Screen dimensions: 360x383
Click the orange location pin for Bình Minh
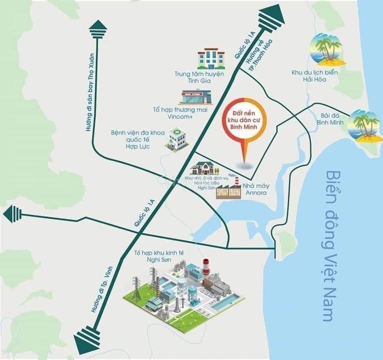(x=244, y=124)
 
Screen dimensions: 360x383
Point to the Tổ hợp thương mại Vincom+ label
(x=180, y=112)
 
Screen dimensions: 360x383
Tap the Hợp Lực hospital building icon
(x=175, y=138)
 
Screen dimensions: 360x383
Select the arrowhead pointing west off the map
(x=11, y=214)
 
